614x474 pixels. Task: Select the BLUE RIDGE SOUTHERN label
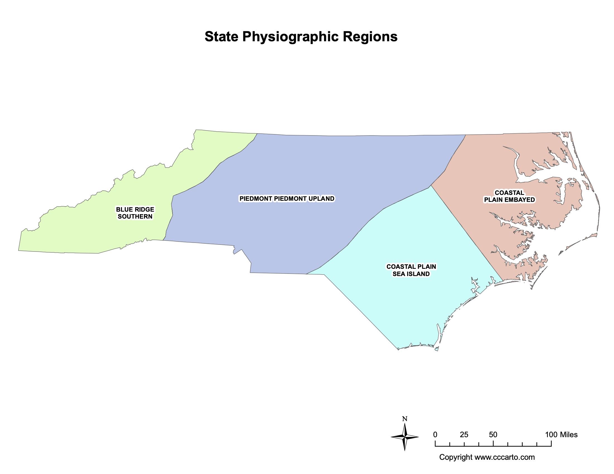(135, 213)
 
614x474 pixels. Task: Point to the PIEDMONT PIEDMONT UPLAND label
(287, 199)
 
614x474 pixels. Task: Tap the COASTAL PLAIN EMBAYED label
(509, 196)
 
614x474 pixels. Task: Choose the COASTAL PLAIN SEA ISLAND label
(411, 270)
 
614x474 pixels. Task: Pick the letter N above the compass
(405, 419)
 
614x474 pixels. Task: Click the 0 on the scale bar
(435, 435)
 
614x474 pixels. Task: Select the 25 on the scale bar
(464, 435)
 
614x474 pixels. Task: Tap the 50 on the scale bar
(493, 435)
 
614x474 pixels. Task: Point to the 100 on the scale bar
(551, 435)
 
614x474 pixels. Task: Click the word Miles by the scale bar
(568, 435)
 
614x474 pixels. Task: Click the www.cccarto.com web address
(505, 457)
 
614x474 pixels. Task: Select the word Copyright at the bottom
(455, 457)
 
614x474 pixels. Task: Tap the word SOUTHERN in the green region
(135, 216)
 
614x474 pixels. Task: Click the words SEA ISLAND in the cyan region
(411, 274)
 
